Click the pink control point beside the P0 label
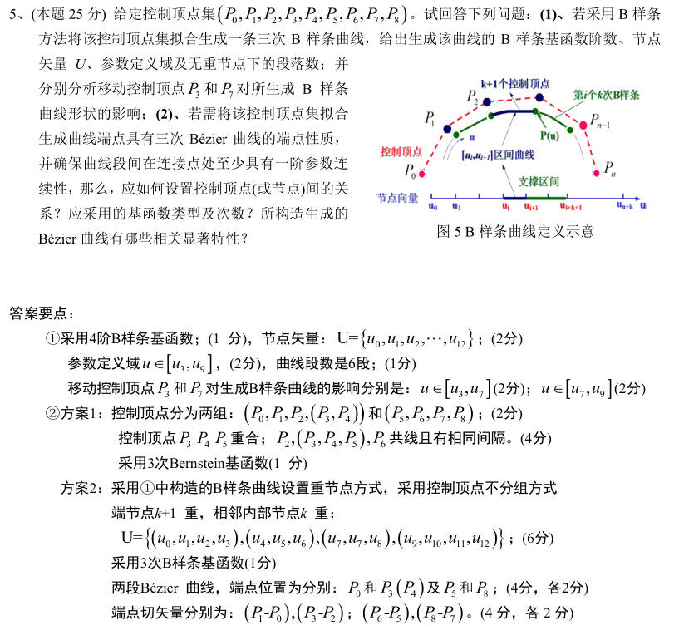[x=423, y=174]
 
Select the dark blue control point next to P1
[x=448, y=129]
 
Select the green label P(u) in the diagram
[x=549, y=135]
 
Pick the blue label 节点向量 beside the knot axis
[x=397, y=198]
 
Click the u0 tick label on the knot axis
[x=432, y=206]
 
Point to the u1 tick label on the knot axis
[x=456, y=206]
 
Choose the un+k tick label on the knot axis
[x=625, y=206]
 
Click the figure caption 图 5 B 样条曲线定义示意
[x=515, y=231]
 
